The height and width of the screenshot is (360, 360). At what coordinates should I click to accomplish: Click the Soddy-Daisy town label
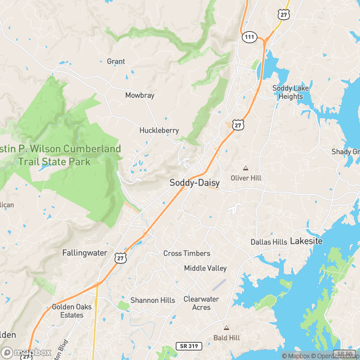point(194,182)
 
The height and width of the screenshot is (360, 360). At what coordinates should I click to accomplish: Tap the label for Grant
point(116,62)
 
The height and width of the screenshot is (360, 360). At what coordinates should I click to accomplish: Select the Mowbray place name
point(140,95)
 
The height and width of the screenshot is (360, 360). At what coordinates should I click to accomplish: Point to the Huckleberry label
point(159,130)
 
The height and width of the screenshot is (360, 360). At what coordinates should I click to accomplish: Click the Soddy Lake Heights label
point(291,92)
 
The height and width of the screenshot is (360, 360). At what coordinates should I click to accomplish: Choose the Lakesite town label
point(306,241)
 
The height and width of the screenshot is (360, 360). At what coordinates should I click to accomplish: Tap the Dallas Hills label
point(268,242)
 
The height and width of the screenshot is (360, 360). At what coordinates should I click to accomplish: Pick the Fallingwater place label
point(85,253)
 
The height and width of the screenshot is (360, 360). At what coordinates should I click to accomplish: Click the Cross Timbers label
point(187,254)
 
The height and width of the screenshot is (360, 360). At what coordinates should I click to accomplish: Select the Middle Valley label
point(205,268)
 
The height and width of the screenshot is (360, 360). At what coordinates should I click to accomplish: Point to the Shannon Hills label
point(153,300)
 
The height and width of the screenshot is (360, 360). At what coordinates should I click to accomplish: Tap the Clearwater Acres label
point(202,303)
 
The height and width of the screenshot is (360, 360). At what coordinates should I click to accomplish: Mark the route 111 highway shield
point(250,37)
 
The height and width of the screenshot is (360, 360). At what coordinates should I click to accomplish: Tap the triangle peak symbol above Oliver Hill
point(244,168)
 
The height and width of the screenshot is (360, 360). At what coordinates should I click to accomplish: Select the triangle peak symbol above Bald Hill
point(226,328)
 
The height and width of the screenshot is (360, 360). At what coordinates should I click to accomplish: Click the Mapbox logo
point(25,353)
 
